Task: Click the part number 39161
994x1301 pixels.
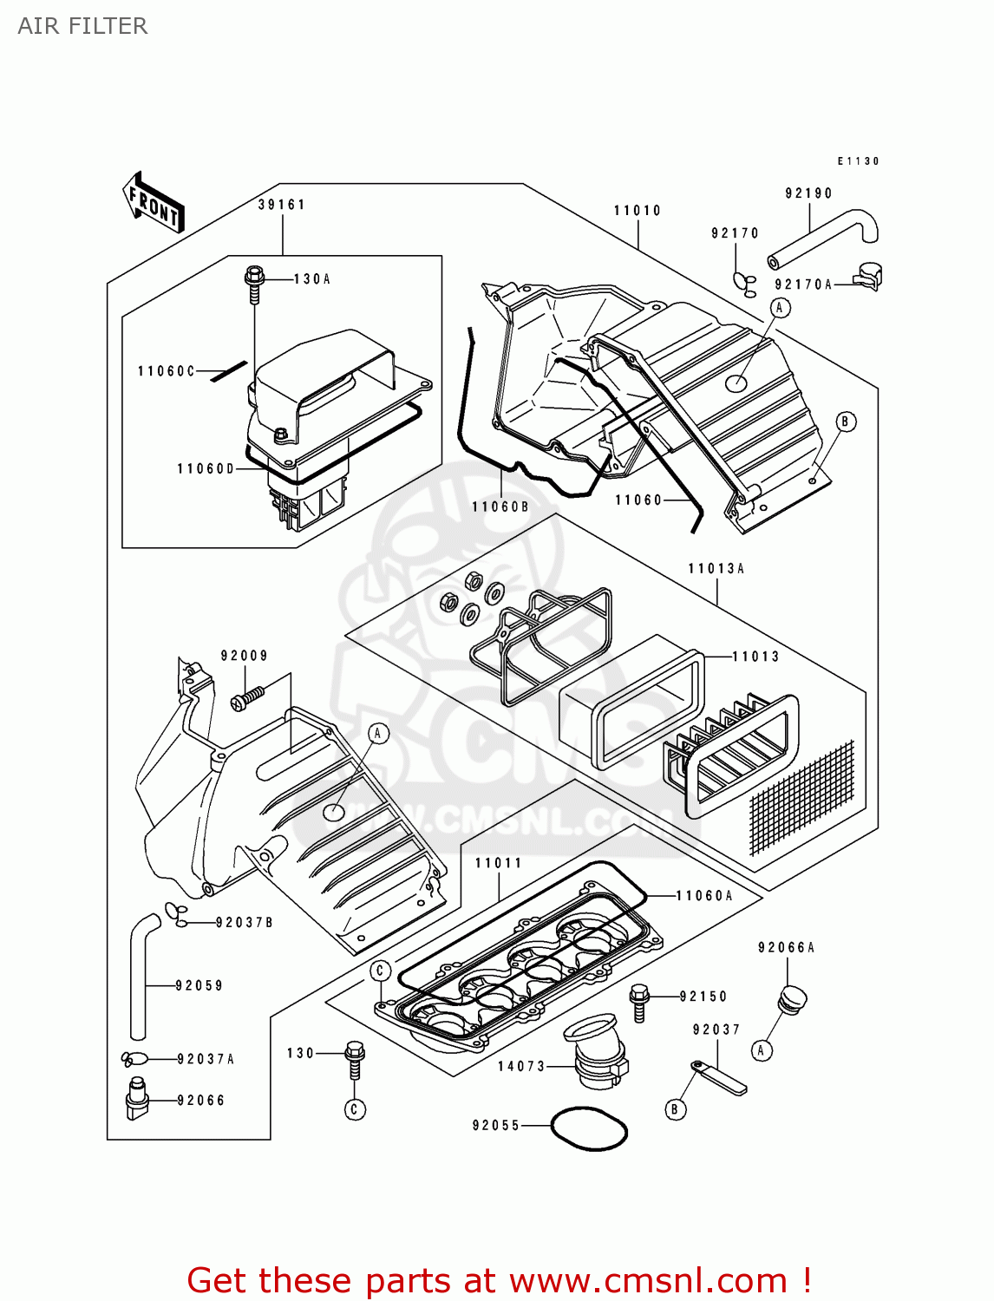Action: pyautogui.click(x=282, y=205)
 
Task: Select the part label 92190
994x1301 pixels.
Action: pyautogui.click(x=808, y=193)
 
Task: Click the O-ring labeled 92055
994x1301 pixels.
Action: pyautogui.click(x=590, y=1128)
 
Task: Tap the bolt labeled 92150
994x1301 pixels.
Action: pyautogui.click(x=640, y=1002)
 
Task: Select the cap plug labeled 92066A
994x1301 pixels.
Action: pyautogui.click(x=793, y=998)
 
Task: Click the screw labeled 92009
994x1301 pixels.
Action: pyautogui.click(x=247, y=697)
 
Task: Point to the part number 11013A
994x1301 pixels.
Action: pyautogui.click(x=716, y=569)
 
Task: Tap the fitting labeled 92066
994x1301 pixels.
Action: pyautogui.click(x=136, y=1098)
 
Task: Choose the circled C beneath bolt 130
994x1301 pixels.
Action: pyautogui.click(x=354, y=1109)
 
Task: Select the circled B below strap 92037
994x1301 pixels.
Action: pyautogui.click(x=675, y=1108)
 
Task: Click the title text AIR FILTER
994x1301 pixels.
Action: pyautogui.click(x=82, y=26)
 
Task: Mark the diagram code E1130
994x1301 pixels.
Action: pyautogui.click(x=858, y=161)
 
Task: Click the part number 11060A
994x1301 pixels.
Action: pyautogui.click(x=704, y=896)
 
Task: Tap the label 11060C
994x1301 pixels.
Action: pyautogui.click(x=167, y=371)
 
